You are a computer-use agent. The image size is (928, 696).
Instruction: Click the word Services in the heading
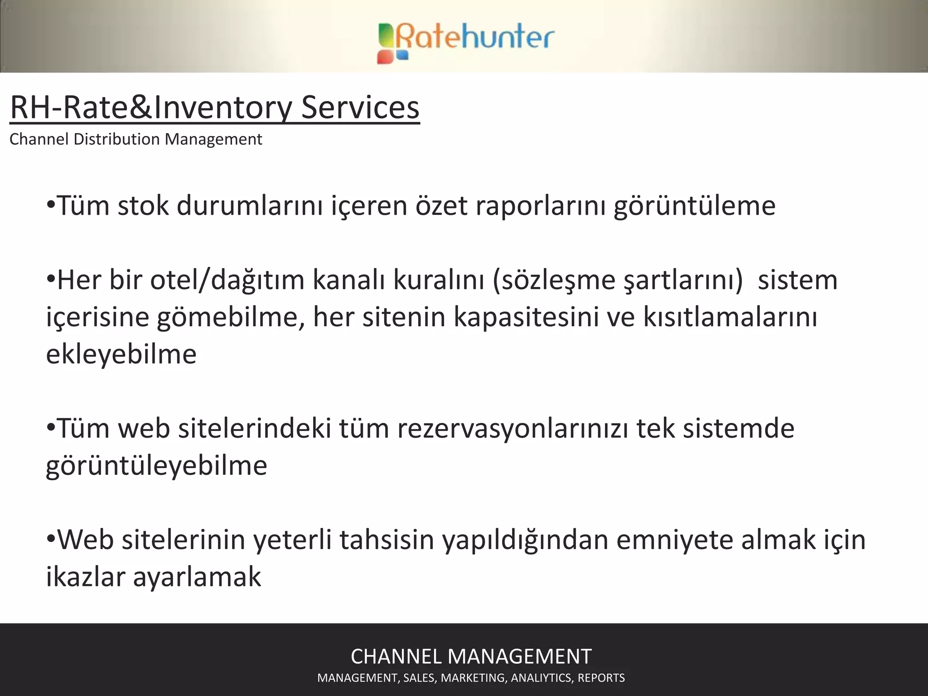360,108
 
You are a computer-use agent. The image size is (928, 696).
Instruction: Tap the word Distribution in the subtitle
117,139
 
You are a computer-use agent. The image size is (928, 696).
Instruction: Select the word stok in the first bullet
143,206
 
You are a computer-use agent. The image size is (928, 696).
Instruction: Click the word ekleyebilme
121,354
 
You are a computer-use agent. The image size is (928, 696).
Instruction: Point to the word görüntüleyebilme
157,465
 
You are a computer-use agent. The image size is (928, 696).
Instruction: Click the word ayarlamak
197,577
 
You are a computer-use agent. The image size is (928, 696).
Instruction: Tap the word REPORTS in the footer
601,678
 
